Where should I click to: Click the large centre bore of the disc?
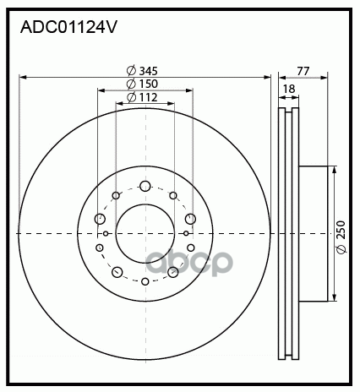click(x=145, y=232)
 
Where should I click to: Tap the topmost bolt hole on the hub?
click(x=145, y=186)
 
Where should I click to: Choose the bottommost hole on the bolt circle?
click(x=145, y=280)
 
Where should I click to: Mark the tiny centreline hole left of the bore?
click(x=105, y=233)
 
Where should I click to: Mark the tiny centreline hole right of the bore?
click(x=186, y=233)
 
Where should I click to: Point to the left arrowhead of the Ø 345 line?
click(x=21, y=76)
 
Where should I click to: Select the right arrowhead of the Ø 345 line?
click(x=268, y=76)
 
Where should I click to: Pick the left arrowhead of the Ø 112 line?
click(x=117, y=105)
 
